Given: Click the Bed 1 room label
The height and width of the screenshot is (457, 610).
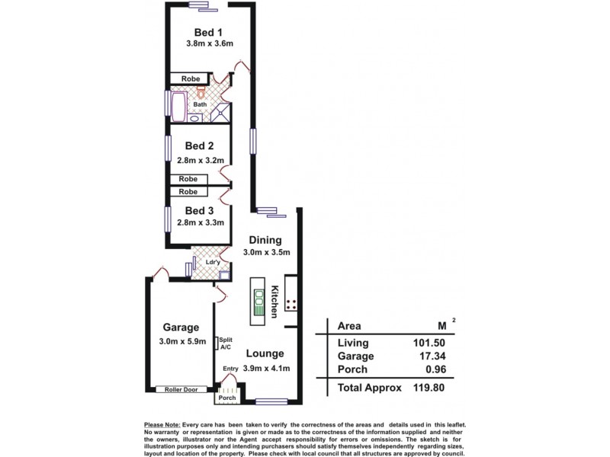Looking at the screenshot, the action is [x=208, y=32].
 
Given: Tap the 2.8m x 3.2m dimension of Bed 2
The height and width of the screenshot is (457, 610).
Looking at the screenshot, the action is [x=201, y=160].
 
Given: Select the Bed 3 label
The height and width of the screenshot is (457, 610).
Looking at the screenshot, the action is [x=199, y=211].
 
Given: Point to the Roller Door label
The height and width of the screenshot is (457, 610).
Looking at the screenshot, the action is [x=181, y=389].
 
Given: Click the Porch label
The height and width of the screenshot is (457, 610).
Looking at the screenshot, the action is [x=227, y=398].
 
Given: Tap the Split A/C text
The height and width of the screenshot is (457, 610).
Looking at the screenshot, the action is [x=226, y=344].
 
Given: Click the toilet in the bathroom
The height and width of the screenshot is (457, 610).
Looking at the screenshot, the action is [x=201, y=92].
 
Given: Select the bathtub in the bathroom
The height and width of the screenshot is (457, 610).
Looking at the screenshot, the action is [x=179, y=107].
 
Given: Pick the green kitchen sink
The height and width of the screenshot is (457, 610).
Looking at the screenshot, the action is [x=258, y=302].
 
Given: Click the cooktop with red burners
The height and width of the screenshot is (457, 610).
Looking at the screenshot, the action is [x=291, y=305].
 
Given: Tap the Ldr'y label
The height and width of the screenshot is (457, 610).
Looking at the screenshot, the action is [x=213, y=262].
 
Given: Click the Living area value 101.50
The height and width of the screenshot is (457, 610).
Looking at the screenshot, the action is [x=429, y=343].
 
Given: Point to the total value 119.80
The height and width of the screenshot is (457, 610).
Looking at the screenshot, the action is [x=429, y=388].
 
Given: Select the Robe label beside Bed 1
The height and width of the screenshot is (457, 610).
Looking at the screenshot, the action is [x=191, y=78].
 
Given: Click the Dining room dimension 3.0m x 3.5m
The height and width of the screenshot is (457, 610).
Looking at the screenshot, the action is [x=266, y=252].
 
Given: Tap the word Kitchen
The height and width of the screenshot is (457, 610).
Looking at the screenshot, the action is [x=274, y=302].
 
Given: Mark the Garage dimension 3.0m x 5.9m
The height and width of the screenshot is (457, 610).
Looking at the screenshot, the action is [x=182, y=341].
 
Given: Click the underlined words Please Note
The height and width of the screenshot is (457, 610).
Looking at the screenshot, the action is [x=162, y=425].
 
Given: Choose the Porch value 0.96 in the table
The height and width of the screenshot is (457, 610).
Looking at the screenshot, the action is [x=435, y=369].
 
